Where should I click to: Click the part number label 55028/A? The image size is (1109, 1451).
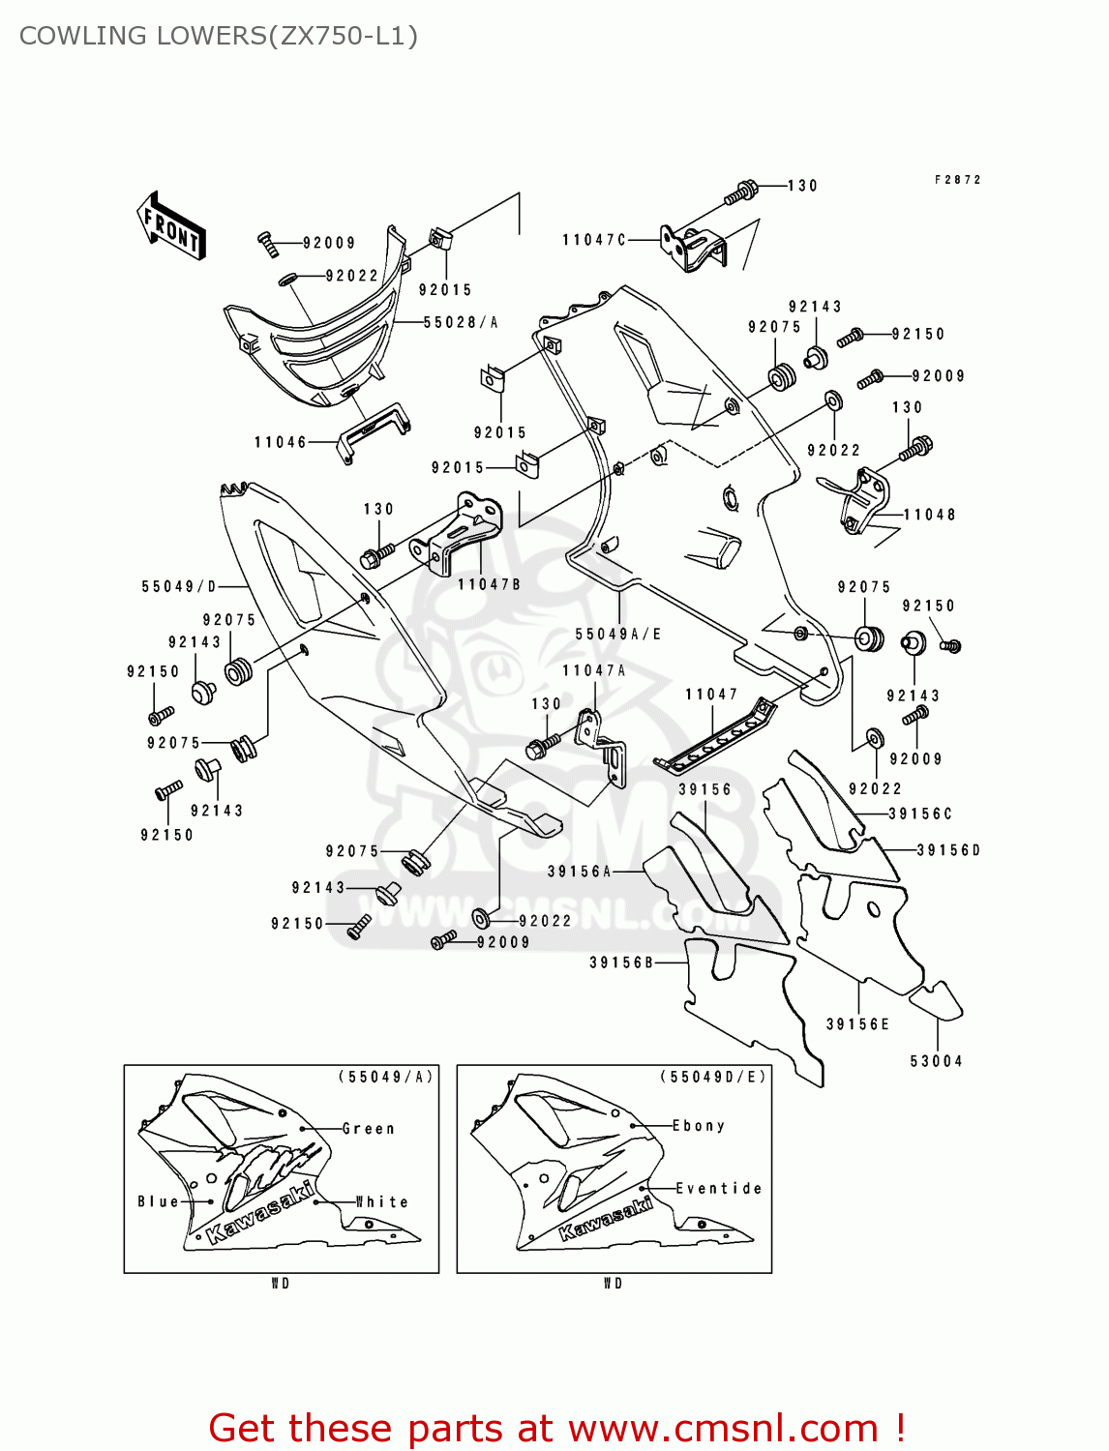coord(461,322)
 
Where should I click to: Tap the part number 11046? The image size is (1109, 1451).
coord(280,442)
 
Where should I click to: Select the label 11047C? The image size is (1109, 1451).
coord(594,239)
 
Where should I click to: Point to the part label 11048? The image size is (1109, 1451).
coord(929,515)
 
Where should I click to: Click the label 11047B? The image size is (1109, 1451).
coord(489,584)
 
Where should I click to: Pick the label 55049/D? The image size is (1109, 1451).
coord(179,586)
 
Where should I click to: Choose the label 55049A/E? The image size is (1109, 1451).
coord(618,635)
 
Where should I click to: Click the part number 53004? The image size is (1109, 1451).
coord(936,1061)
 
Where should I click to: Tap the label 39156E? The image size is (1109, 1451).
coord(857,1024)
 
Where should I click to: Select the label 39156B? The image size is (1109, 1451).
coord(621,962)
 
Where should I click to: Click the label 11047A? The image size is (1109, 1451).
coord(594,670)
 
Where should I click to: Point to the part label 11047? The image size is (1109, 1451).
coord(711,695)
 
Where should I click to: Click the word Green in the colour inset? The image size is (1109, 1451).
coord(369,1129)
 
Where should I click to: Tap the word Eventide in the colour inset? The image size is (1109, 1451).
coord(718,1188)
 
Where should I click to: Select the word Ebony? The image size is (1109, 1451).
coord(699,1126)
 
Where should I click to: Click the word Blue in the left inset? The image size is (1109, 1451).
coord(158,1201)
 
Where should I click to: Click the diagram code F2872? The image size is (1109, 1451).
coord(957,180)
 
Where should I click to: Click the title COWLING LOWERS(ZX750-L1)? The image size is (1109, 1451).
coord(219,36)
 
